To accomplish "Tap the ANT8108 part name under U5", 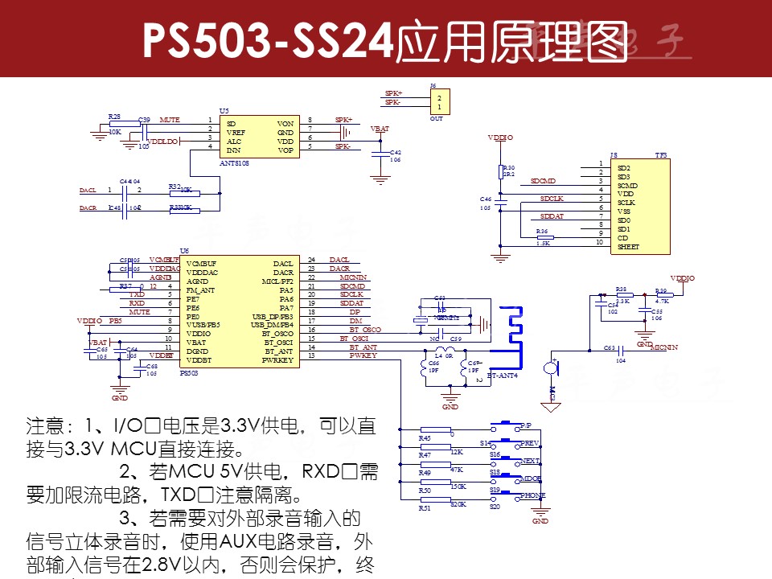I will pos(235,162).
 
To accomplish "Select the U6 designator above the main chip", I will pos(184,251).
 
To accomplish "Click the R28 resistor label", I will pos(114,117).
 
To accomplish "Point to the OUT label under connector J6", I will pos(437,119).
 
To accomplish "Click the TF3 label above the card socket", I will pos(661,154).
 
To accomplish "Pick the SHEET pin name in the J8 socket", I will pos(629,247).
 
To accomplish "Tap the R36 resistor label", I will pos(542,231).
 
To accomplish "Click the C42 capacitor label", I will pos(396,152).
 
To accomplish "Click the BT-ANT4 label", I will pos(503,376).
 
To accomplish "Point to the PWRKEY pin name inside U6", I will pos(277,360).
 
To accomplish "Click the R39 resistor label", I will pos(661,291).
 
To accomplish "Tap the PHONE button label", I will pos(532,495).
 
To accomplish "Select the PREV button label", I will pos(529,443).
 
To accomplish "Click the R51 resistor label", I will pos(425,508).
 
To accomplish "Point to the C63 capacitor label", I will pos(610,348).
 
